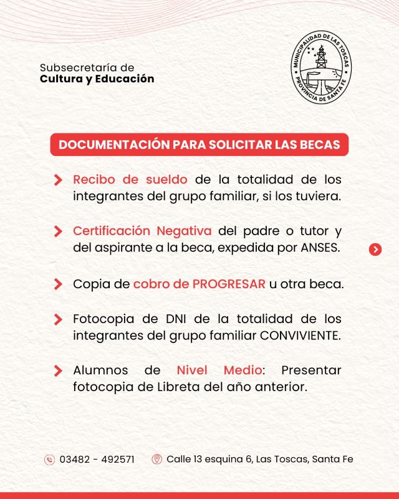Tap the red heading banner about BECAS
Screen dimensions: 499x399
pos(199,145)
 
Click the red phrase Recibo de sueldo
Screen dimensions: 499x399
pos(130,180)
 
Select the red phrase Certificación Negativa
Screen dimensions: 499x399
pos(142,231)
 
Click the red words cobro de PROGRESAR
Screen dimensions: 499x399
pos(199,284)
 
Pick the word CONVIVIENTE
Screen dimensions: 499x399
pos(300,336)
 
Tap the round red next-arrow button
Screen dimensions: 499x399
pos(375,249)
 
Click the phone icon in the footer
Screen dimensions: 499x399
pos(49,460)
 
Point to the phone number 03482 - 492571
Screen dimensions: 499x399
pos(97,460)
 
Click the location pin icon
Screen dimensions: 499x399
pos(156,460)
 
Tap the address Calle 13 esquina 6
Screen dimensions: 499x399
pos(209,460)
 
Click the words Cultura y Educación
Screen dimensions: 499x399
pos(97,79)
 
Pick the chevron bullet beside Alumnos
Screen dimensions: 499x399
pos(58,371)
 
